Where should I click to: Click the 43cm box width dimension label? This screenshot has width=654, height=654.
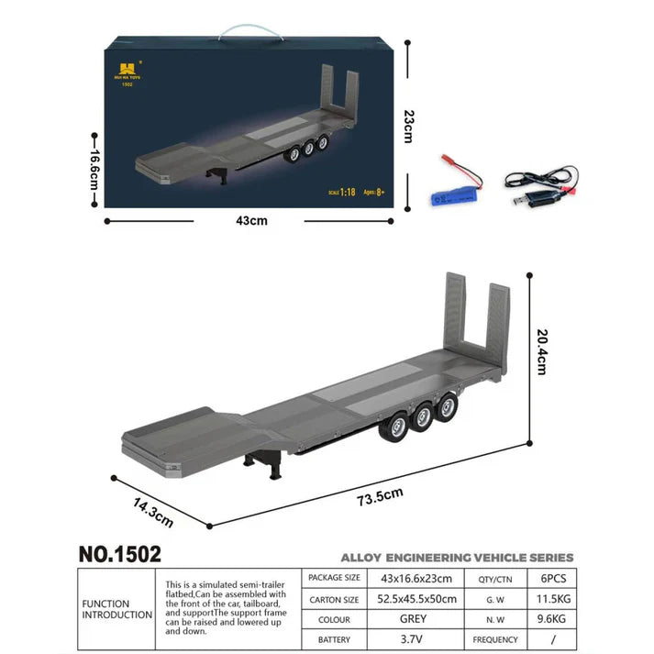click(251, 220)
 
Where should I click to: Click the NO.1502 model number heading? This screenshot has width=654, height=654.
click(119, 554)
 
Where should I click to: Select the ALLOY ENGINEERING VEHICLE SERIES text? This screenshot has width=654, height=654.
click(457, 557)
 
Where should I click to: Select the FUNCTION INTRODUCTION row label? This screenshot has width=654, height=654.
click(117, 609)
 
